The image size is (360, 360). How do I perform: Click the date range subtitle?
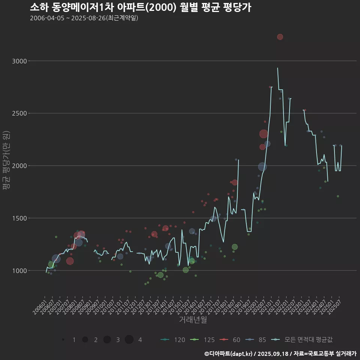point(84,18)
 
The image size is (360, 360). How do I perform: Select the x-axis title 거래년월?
point(193,319)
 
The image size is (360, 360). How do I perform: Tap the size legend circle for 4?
point(129,340)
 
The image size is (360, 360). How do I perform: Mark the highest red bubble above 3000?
point(280,37)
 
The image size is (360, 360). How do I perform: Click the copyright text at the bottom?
point(280,354)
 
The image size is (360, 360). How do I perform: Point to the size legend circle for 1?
point(63,340)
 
